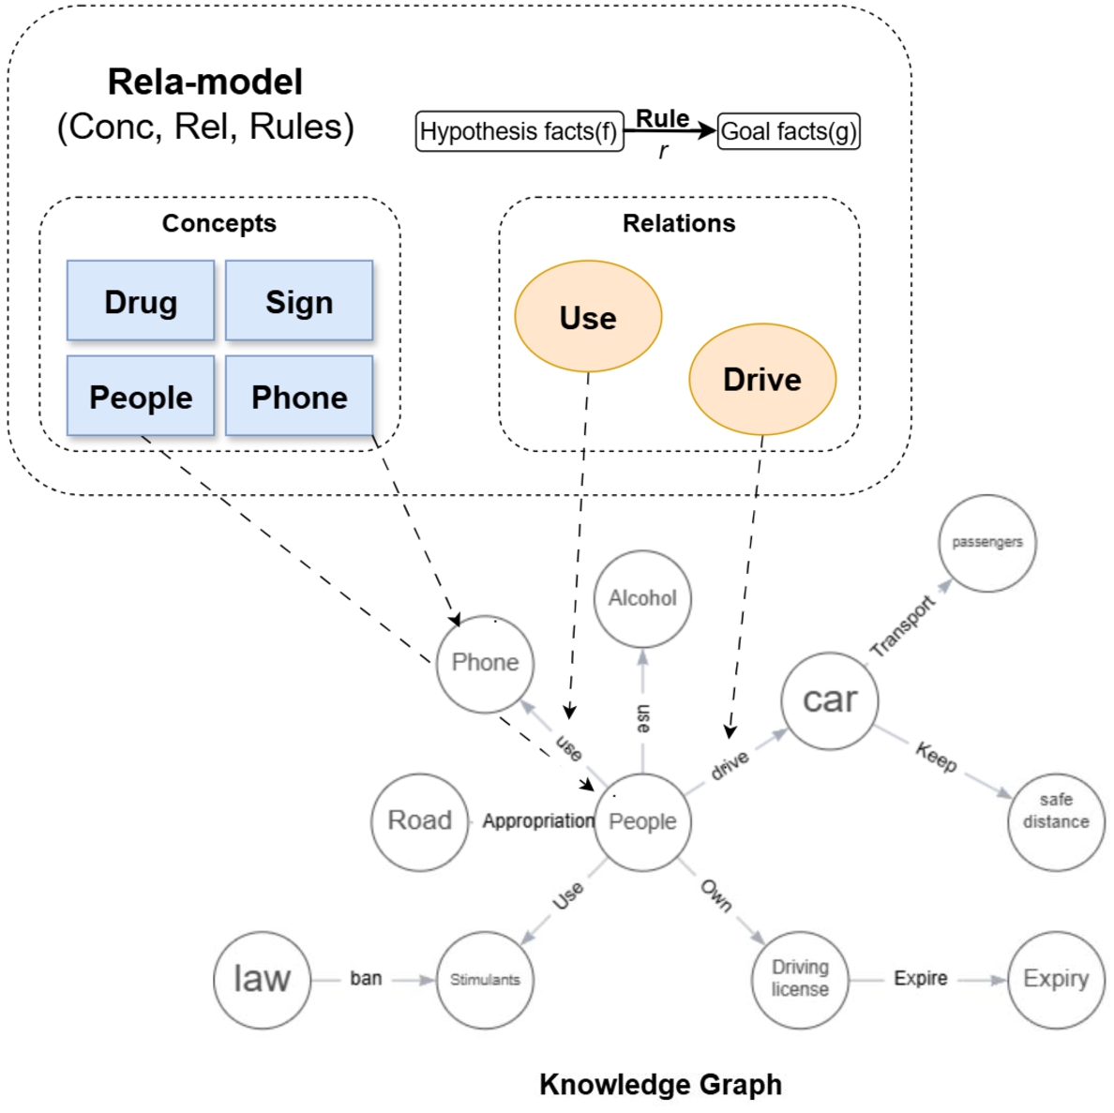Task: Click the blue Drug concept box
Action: [x=141, y=301]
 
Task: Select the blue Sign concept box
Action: [x=299, y=301]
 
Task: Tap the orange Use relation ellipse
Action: [x=588, y=317]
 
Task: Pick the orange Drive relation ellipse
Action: [x=761, y=379]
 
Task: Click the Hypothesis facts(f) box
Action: [x=519, y=131]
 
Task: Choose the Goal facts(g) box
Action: [x=788, y=131]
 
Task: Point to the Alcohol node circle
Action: [x=642, y=598]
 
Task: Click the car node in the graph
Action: [x=830, y=699]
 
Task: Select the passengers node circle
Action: [x=986, y=543]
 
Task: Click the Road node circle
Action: [x=419, y=821]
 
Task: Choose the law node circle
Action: [x=262, y=979]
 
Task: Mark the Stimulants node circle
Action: [x=484, y=979]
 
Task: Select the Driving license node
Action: [x=800, y=979]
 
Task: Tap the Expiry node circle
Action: [x=1056, y=979]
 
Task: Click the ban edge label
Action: [x=366, y=978]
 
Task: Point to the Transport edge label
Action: [x=902, y=625]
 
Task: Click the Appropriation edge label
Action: [x=538, y=821]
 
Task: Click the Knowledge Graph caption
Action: [x=660, y=1085]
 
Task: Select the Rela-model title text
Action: [x=205, y=83]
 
